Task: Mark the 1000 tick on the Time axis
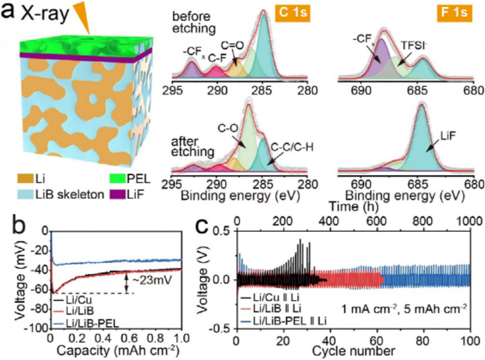point(469,222)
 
